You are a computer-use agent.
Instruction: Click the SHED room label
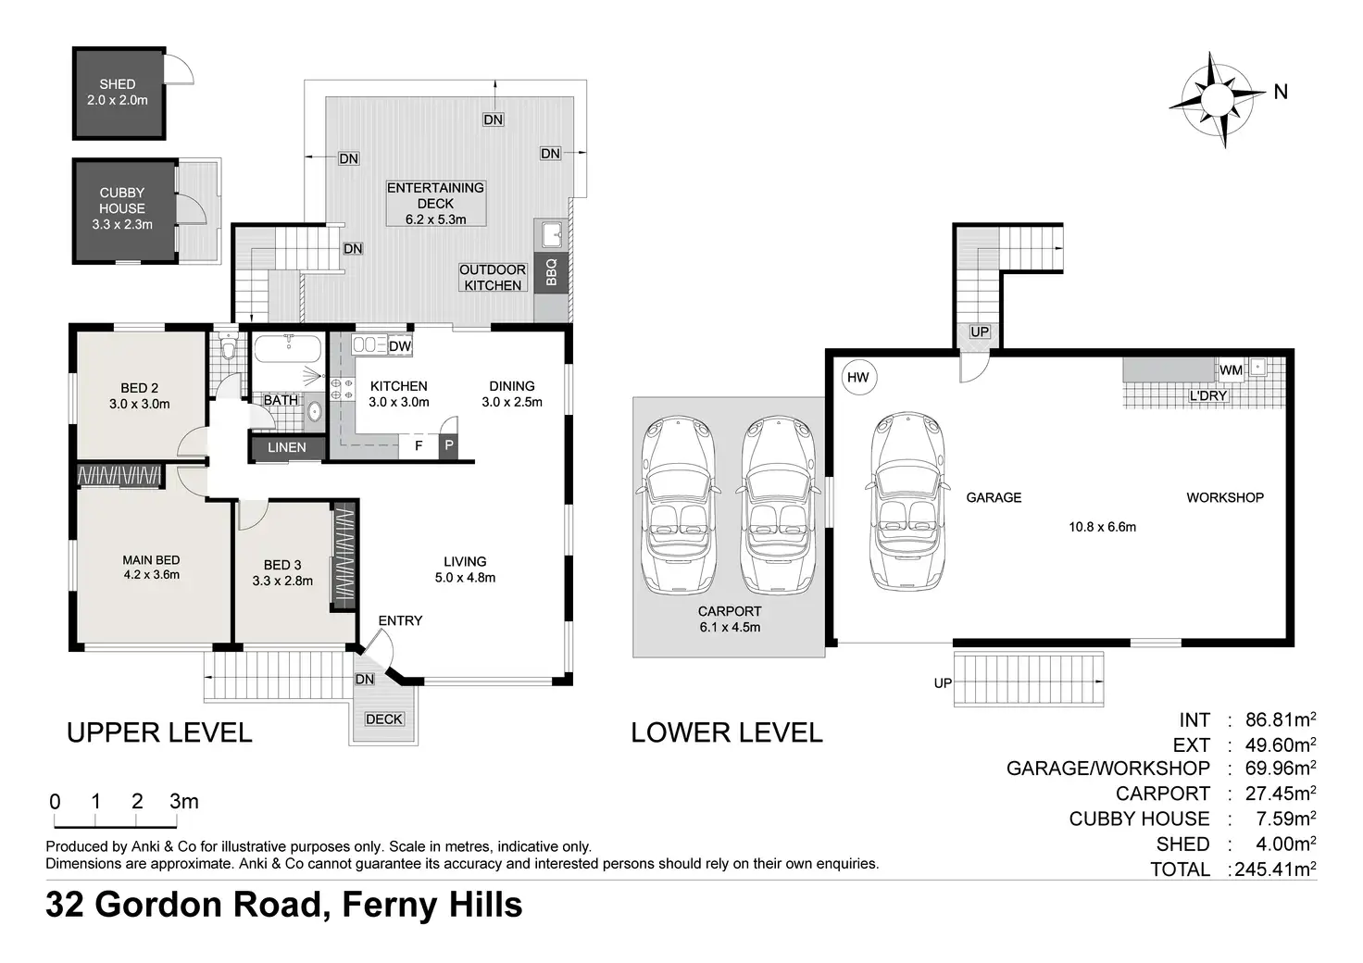[118, 84]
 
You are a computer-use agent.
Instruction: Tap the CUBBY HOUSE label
[121, 200]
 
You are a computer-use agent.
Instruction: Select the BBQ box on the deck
[551, 272]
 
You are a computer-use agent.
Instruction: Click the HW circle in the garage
[858, 377]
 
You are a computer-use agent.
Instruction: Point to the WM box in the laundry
[1231, 369]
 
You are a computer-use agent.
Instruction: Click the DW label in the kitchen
[400, 346]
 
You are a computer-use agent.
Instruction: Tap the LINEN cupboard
[287, 448]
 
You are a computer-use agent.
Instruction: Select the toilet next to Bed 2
[228, 346]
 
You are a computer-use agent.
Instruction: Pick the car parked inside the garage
[907, 501]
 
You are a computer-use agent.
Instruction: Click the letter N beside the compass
[1281, 92]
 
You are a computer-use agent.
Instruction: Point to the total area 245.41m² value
[1276, 869]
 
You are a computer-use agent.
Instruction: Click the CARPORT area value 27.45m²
[1281, 793]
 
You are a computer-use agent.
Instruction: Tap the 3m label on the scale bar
[183, 801]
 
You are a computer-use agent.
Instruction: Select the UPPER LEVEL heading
[159, 732]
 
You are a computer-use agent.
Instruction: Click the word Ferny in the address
[390, 906]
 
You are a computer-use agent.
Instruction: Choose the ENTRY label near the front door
[400, 620]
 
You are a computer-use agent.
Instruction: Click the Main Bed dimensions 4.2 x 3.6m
[152, 575]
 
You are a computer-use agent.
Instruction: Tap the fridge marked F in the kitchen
[419, 446]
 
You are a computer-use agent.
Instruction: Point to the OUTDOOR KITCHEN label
[493, 278]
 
